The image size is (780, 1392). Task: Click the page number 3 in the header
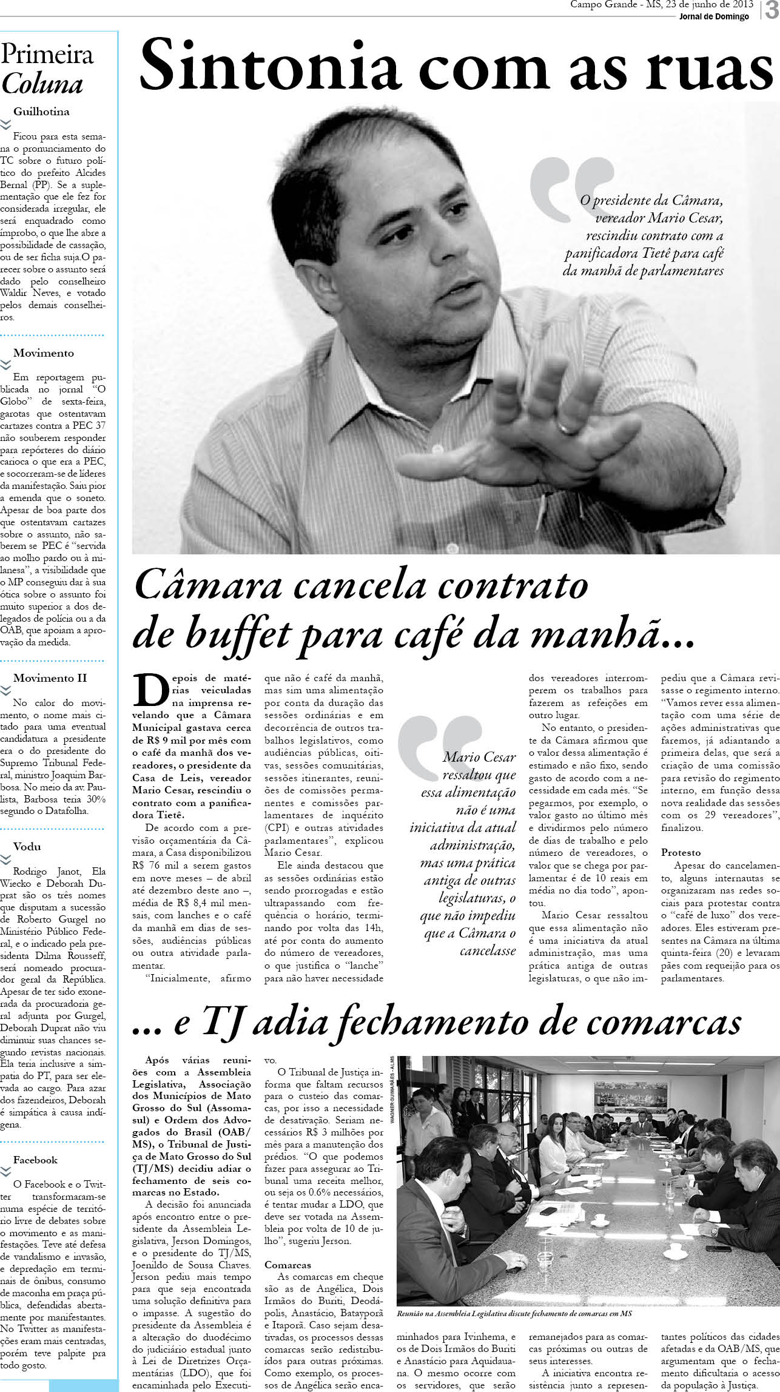(x=771, y=10)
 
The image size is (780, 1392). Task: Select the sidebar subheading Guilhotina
(x=41, y=112)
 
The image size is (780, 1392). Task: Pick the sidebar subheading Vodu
(x=27, y=846)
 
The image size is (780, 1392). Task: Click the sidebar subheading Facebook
(x=35, y=1160)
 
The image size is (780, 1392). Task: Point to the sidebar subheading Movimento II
(x=50, y=678)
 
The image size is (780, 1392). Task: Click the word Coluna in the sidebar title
(x=42, y=84)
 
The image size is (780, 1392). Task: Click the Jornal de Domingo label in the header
(x=714, y=16)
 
